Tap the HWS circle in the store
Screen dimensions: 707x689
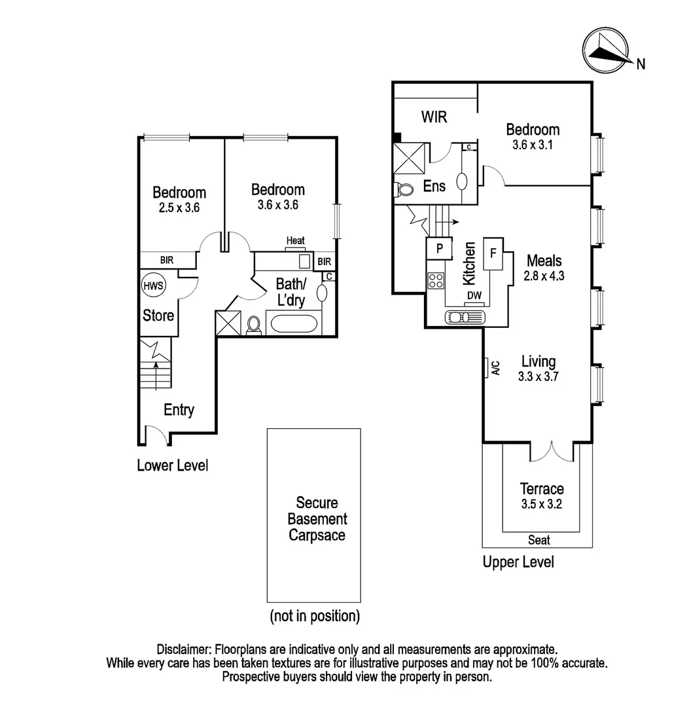[154, 285]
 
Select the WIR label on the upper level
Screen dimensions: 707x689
[434, 118]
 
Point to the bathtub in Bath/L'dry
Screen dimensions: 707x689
[294, 324]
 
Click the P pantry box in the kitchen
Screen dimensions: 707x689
[439, 249]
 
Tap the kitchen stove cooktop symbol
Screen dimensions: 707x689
[436, 281]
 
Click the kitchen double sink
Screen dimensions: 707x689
[465, 317]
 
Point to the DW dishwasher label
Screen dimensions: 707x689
[474, 296]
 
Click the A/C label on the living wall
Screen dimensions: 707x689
[495, 368]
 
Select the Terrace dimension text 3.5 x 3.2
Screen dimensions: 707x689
[541, 504]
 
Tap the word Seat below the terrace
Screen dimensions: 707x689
[539, 541]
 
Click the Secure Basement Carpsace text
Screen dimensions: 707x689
[317, 518]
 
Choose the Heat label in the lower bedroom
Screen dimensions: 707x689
[295, 242]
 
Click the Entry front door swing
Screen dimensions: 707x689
[156, 434]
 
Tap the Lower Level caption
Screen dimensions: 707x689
[172, 466]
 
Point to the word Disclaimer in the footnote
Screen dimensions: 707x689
[183, 650]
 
